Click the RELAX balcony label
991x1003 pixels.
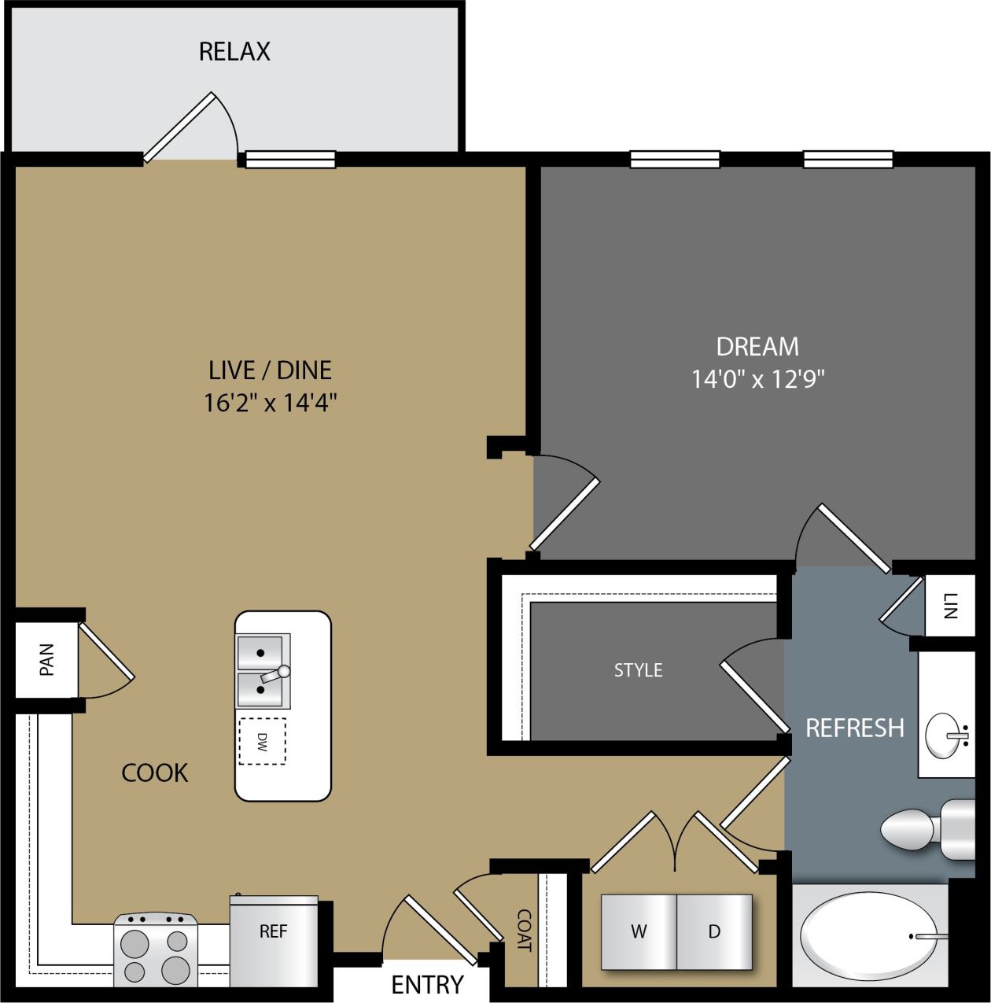tap(234, 52)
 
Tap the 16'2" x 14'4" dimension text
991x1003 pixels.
tap(270, 404)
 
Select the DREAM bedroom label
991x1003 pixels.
tap(757, 346)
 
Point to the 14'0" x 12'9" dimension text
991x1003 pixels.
tap(757, 380)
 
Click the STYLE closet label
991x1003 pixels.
tap(638, 670)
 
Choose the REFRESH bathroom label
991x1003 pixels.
tap(854, 728)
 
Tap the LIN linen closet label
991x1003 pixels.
tap(948, 607)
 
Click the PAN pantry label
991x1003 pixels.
tap(46, 659)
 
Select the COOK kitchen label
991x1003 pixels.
tap(155, 773)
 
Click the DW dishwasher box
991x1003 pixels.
tap(263, 741)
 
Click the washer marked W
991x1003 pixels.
tap(639, 932)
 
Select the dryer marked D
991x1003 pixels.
tap(714, 932)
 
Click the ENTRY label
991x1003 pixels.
tap(427, 984)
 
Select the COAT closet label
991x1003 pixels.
tap(523, 931)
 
